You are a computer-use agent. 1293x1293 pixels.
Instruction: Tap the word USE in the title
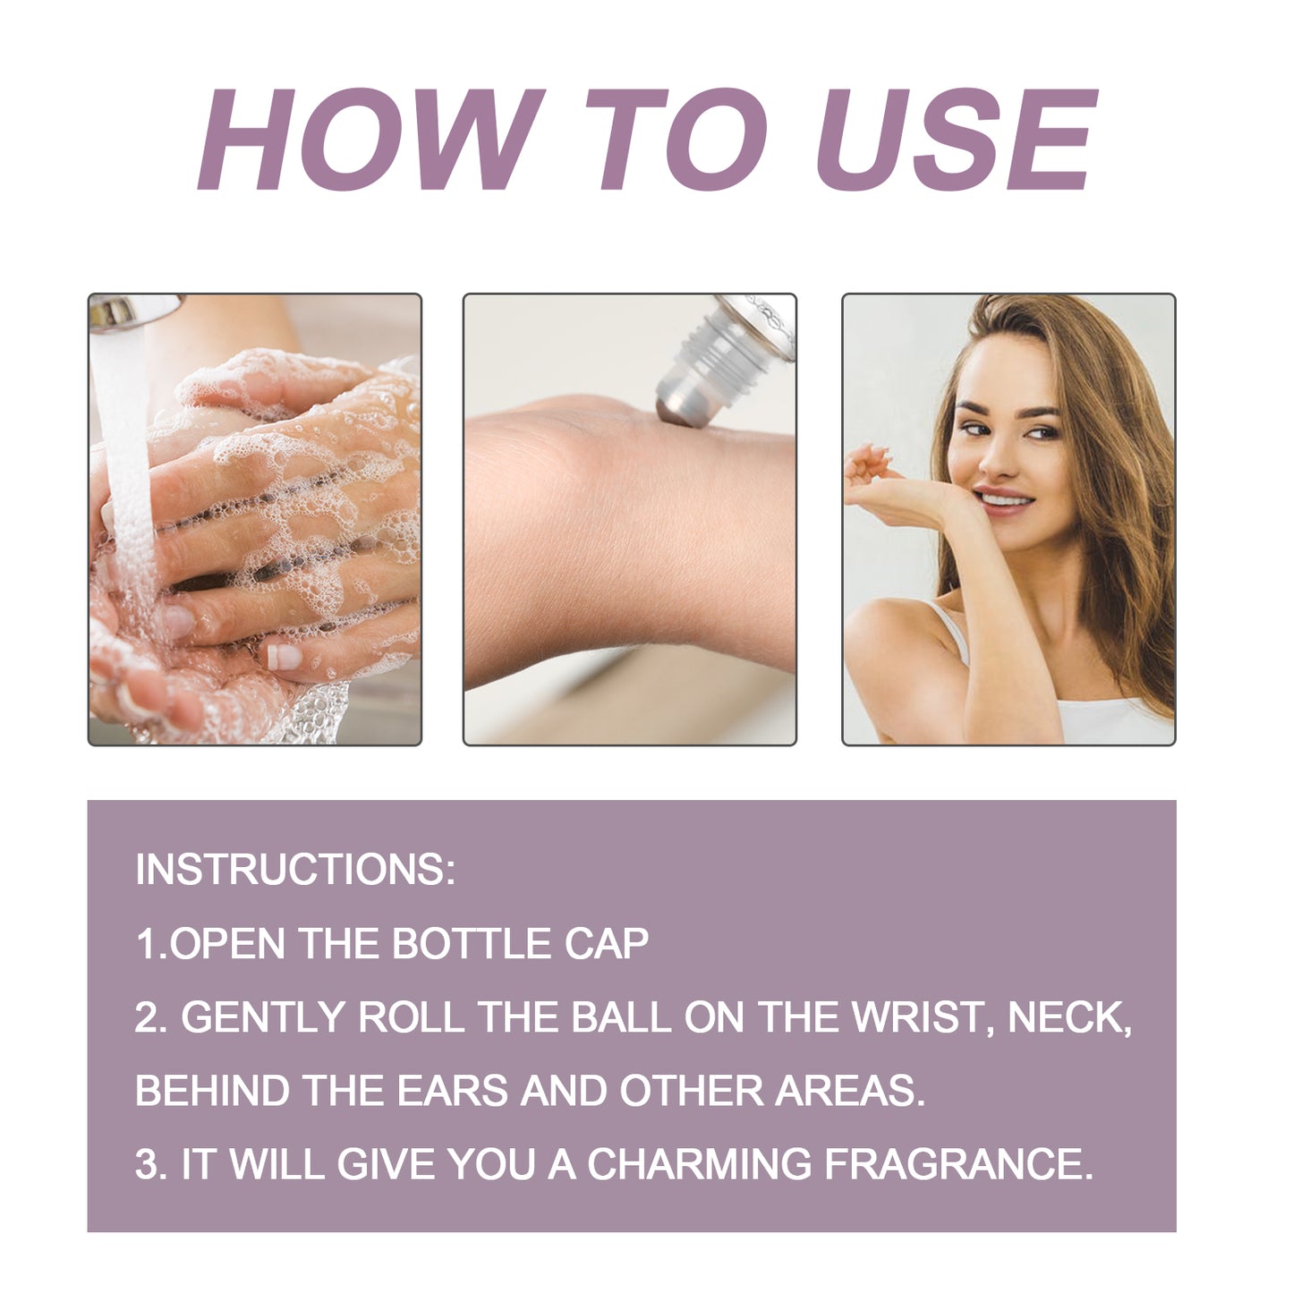click(956, 140)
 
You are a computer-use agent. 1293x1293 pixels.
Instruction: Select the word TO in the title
click(676, 140)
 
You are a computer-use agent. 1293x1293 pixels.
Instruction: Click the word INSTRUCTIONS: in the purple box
click(295, 870)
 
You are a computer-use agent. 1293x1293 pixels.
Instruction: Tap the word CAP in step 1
click(607, 944)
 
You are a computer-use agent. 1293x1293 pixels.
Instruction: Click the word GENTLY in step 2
click(263, 1017)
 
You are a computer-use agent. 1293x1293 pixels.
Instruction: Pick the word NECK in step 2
click(1067, 1017)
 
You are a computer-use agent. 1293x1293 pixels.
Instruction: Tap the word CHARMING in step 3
click(699, 1164)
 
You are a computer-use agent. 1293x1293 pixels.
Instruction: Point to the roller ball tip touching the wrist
click(678, 411)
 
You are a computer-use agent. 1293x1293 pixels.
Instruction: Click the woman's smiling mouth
click(1003, 498)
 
